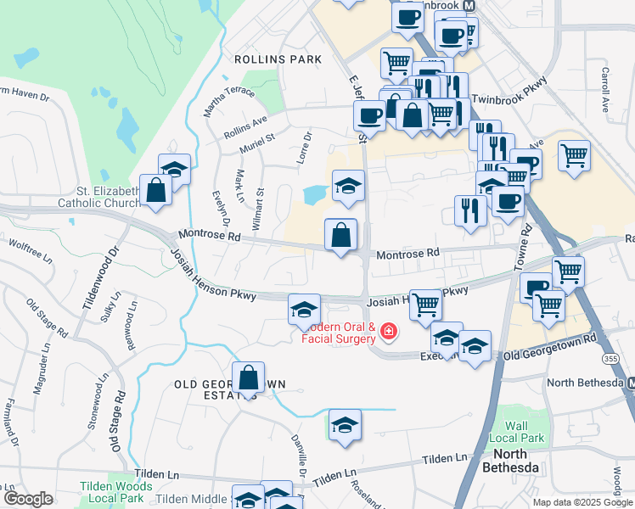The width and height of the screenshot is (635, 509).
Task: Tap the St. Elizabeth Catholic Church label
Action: [98, 197]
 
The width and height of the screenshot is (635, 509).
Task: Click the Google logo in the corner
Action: [28, 499]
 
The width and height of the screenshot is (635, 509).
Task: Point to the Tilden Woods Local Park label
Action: [115, 491]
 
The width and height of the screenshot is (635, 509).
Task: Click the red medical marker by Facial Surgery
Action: [389, 331]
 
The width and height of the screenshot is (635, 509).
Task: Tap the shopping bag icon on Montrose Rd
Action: [340, 236]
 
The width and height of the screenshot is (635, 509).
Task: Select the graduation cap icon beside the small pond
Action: [348, 187]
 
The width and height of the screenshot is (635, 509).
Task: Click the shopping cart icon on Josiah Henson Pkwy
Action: [425, 305]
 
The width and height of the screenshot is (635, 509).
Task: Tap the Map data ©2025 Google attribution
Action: [582, 502]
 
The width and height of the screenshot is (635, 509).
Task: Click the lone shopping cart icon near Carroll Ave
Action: [574, 156]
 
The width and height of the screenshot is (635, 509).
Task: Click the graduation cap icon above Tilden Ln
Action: [345, 425]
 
